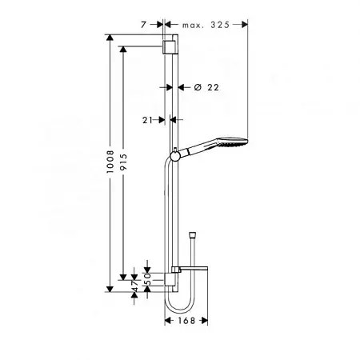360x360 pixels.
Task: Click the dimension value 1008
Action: click(110, 162)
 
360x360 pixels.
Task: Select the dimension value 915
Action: click(123, 162)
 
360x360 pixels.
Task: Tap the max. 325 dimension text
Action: click(206, 25)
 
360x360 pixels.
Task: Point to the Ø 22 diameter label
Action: click(206, 87)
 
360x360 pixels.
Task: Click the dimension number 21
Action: click(147, 120)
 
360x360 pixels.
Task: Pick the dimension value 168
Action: click(186, 320)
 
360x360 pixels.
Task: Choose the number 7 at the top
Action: click(144, 25)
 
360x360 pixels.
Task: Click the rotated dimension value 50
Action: click(147, 278)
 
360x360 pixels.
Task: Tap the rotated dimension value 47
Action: click(134, 286)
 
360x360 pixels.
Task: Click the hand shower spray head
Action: click(233, 142)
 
